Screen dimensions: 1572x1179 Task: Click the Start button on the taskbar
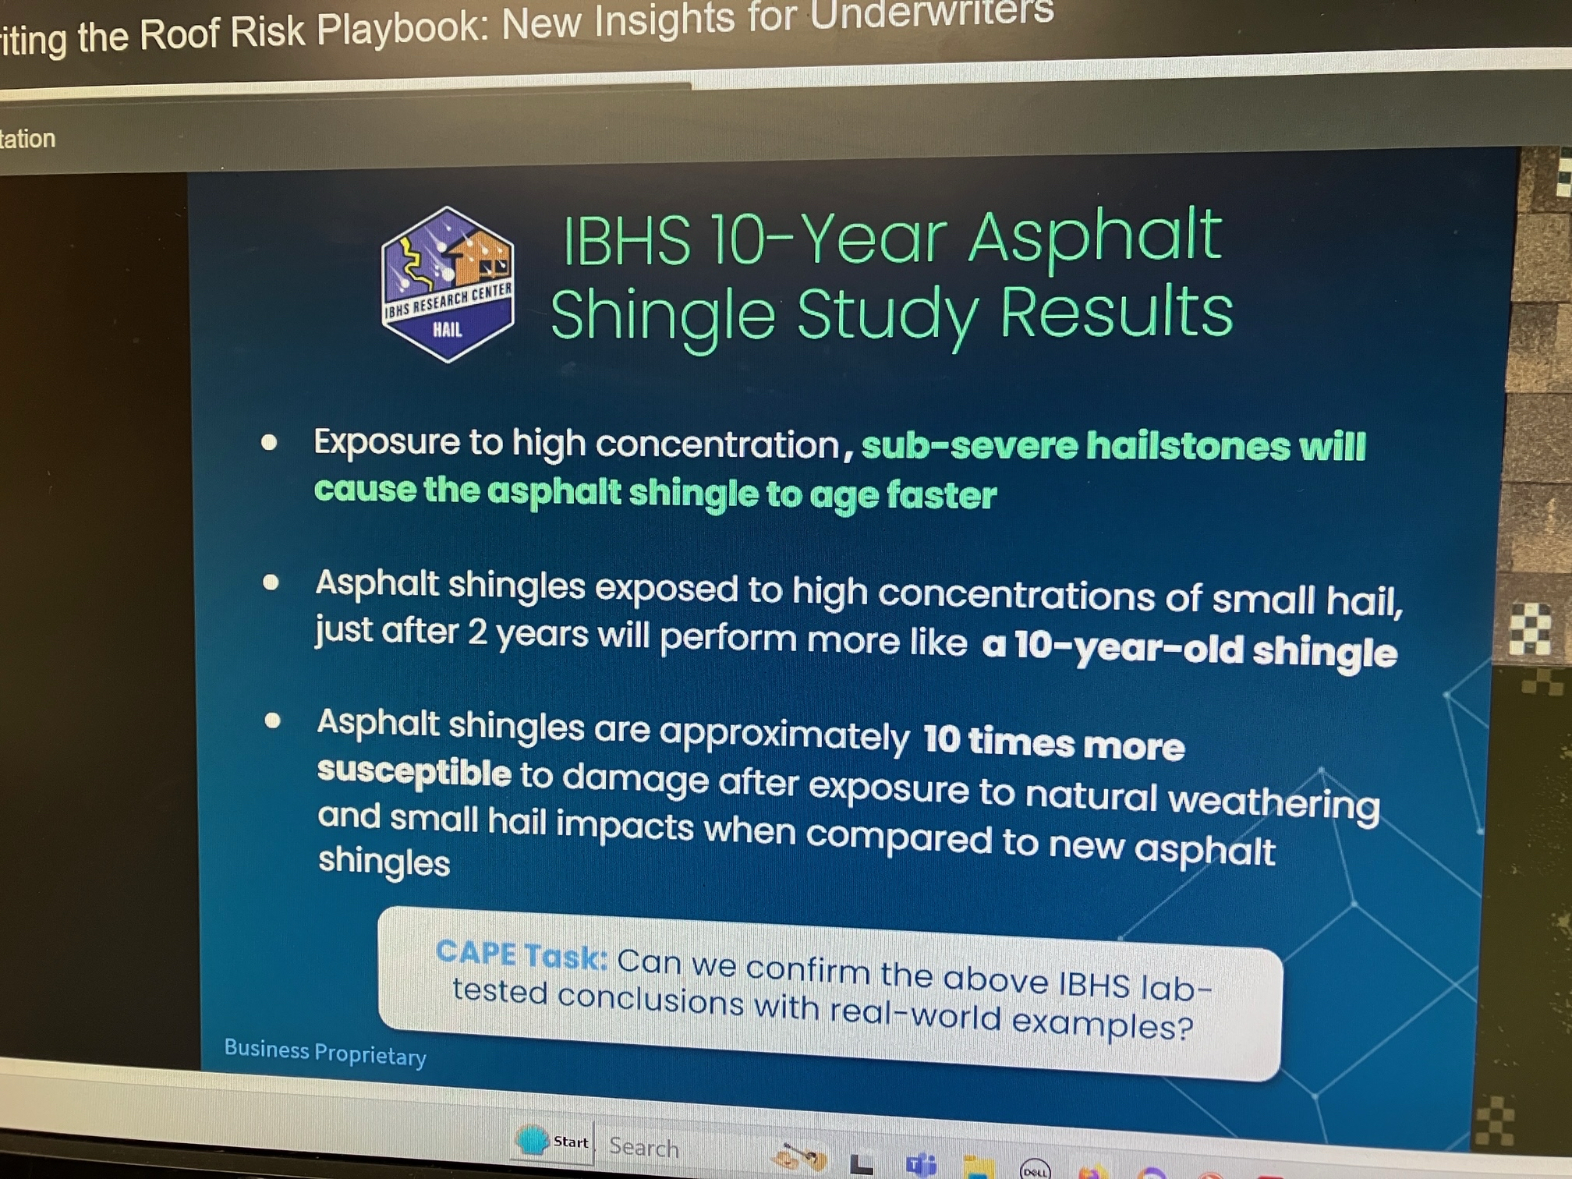553,1142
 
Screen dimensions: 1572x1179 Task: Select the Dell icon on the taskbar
1036,1170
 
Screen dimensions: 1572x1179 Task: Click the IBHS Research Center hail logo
447,284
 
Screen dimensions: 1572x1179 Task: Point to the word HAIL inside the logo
448,329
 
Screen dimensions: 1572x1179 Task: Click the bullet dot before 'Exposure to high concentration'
269,443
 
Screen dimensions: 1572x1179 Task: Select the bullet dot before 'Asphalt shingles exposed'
271,582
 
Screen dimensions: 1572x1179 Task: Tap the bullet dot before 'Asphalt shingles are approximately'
272,720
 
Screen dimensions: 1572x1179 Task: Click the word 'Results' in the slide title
1116,313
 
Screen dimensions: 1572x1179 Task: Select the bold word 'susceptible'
414,772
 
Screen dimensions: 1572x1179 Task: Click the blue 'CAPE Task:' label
521,954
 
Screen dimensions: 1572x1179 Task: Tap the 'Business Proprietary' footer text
325,1052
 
